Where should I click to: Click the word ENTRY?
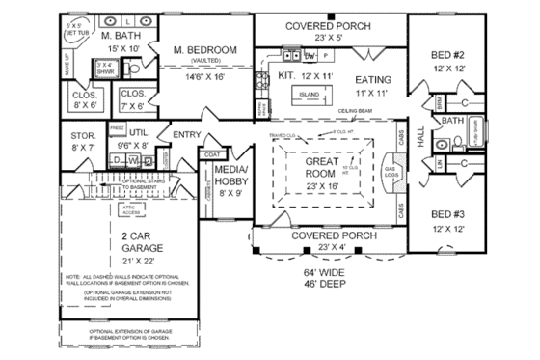pyautogui.click(x=187, y=133)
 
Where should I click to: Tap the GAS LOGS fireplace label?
pyautogui.click(x=391, y=173)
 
